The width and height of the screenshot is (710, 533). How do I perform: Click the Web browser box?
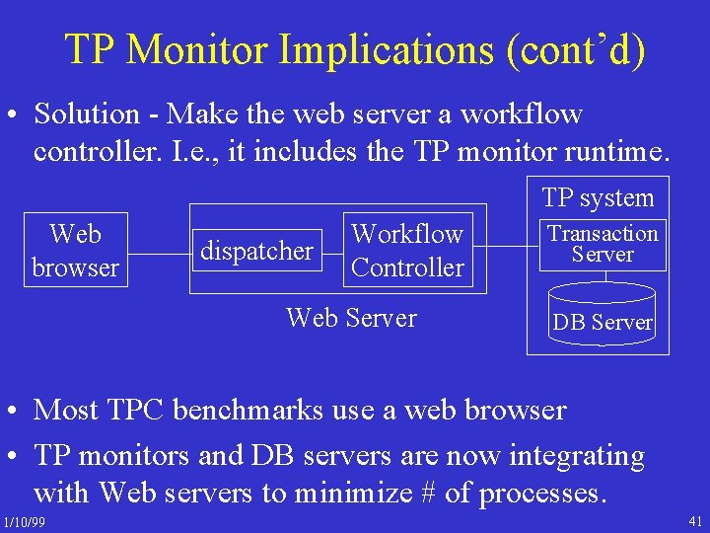[75, 251]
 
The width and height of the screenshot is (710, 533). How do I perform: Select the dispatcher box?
[256, 251]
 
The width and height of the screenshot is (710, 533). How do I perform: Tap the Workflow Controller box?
[407, 251]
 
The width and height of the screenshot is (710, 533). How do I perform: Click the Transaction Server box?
[603, 244]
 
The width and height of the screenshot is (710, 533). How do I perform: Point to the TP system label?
[598, 197]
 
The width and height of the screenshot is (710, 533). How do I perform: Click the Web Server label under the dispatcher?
[351, 318]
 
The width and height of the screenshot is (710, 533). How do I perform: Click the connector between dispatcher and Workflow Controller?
[332, 251]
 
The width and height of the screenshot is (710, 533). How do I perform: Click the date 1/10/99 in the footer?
[24, 520]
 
